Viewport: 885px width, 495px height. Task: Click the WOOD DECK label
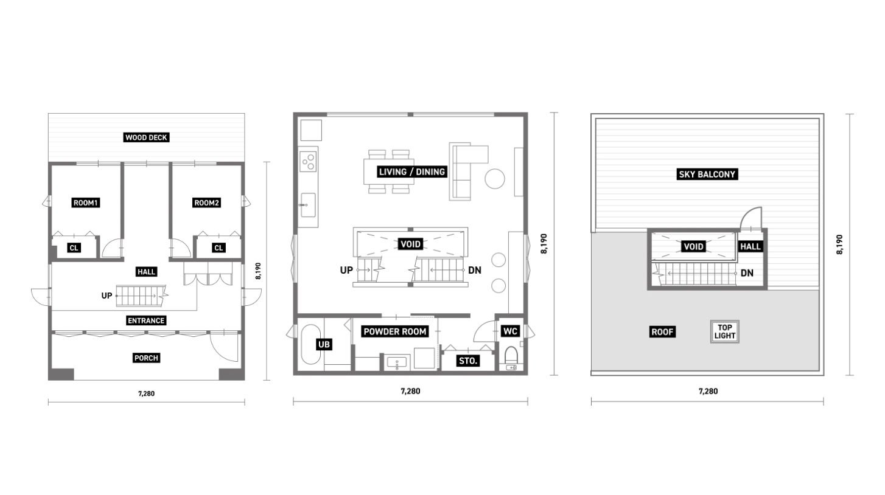[x=146, y=137]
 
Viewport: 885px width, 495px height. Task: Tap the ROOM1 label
[x=86, y=203]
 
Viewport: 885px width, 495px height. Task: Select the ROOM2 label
[x=206, y=203]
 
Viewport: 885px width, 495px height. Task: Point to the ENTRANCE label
[x=146, y=320]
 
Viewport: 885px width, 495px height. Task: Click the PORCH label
[x=146, y=358]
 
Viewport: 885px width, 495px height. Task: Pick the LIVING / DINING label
[x=412, y=171]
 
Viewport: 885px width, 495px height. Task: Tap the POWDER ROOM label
[x=395, y=331]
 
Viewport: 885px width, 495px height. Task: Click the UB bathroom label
[x=324, y=345]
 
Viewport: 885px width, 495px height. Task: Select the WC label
[x=510, y=331]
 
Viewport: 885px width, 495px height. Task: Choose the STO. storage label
[x=468, y=361]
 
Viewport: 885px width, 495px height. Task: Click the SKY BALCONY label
[x=707, y=175]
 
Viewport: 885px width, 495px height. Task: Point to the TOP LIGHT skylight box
[x=724, y=331]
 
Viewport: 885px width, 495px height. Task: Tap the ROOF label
[x=662, y=332]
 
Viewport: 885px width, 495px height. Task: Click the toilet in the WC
[x=511, y=355]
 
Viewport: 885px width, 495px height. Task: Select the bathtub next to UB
[x=311, y=344]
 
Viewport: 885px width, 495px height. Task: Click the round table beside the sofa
[x=495, y=179]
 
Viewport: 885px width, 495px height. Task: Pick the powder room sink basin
[x=397, y=362]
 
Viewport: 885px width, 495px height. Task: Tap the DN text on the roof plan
[x=747, y=273]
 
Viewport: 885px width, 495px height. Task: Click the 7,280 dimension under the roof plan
[x=708, y=391]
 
